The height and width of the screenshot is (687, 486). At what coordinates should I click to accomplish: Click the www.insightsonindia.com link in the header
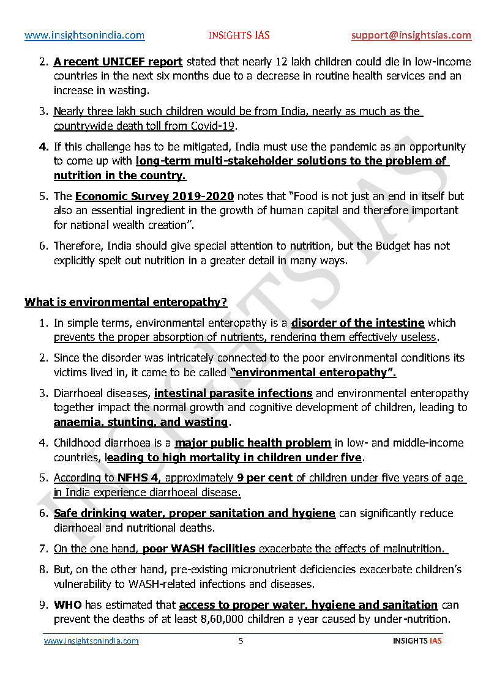click(x=84, y=35)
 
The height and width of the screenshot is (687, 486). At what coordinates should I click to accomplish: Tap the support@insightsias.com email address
click(x=411, y=35)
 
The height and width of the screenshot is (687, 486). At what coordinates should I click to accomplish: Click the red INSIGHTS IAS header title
click(x=239, y=35)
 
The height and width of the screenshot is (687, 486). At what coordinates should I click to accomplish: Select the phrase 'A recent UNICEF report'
click(x=118, y=62)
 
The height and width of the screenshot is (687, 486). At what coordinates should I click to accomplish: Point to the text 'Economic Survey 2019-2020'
click(x=154, y=196)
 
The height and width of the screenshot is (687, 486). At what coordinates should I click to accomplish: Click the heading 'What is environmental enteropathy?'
click(x=125, y=302)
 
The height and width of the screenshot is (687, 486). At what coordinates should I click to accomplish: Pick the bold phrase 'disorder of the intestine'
click(x=357, y=323)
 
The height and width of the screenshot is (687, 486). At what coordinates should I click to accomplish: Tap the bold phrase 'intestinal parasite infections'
click(x=233, y=393)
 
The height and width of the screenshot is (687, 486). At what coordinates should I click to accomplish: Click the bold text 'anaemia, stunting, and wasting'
click(x=141, y=422)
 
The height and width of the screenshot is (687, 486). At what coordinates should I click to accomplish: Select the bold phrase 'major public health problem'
click(x=253, y=443)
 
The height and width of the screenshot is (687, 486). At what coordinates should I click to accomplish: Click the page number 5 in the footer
click(x=241, y=641)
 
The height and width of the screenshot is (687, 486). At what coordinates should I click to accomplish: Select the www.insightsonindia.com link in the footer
click(x=91, y=641)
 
